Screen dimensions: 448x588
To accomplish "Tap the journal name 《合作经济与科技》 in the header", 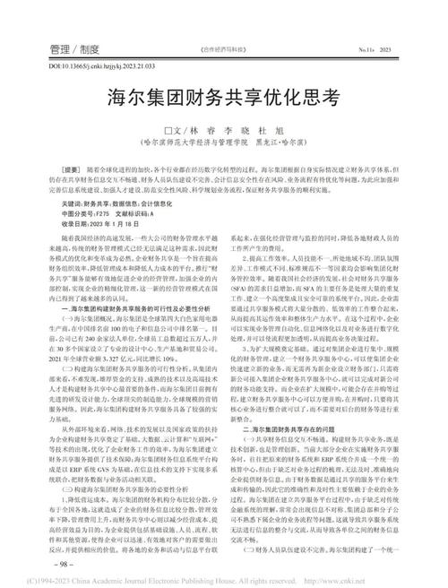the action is (x=224, y=51).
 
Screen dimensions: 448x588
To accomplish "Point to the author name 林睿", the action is (x=202, y=126).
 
